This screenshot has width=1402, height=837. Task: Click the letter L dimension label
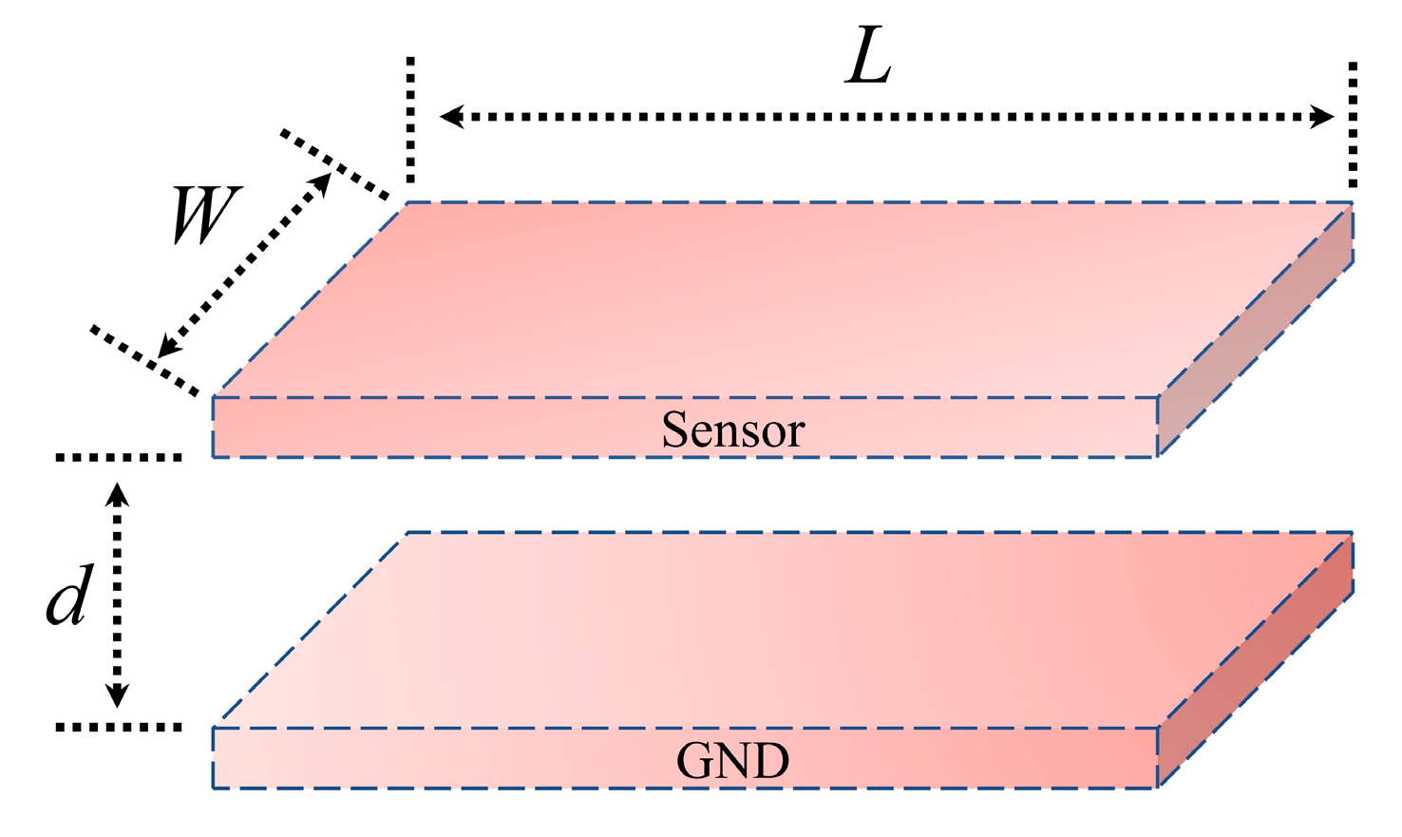click(869, 63)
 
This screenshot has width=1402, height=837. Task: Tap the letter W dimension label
click(206, 216)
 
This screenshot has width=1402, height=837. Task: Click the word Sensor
click(732, 430)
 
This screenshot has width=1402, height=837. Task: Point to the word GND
click(732, 761)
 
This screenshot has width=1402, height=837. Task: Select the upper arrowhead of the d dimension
click(117, 493)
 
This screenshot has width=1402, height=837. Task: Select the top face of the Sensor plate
click(779, 299)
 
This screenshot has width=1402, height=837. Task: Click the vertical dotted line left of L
click(410, 119)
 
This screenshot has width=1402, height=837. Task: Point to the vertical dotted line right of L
click(1353, 124)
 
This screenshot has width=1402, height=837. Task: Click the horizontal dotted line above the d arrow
click(119, 458)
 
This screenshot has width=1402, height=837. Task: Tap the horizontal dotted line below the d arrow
click(119, 728)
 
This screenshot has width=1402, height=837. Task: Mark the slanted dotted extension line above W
click(335, 165)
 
